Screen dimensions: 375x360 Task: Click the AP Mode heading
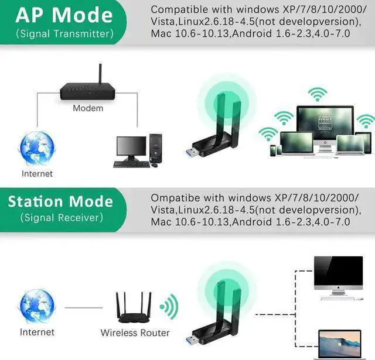tap(64, 15)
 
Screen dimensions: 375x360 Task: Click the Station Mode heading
tap(60, 201)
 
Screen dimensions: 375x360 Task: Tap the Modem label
tap(88, 108)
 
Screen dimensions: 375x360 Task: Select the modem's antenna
tap(100, 74)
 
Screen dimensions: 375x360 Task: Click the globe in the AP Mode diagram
tap(37, 148)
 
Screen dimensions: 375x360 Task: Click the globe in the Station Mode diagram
tap(37, 307)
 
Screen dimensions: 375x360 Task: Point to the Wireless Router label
tap(135, 332)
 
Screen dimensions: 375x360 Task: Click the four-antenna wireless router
tap(134, 308)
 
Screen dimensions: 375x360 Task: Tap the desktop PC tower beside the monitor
tap(155, 148)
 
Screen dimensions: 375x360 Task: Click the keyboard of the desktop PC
tap(131, 164)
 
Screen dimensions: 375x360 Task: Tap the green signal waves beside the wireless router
tap(169, 307)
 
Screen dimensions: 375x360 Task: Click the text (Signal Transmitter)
tap(64, 34)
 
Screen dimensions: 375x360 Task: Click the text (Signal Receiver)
tap(62, 218)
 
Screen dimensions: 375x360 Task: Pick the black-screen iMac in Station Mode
tap(339, 278)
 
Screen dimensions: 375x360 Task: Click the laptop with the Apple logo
tap(340, 344)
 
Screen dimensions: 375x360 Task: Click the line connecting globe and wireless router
tap(84, 308)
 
